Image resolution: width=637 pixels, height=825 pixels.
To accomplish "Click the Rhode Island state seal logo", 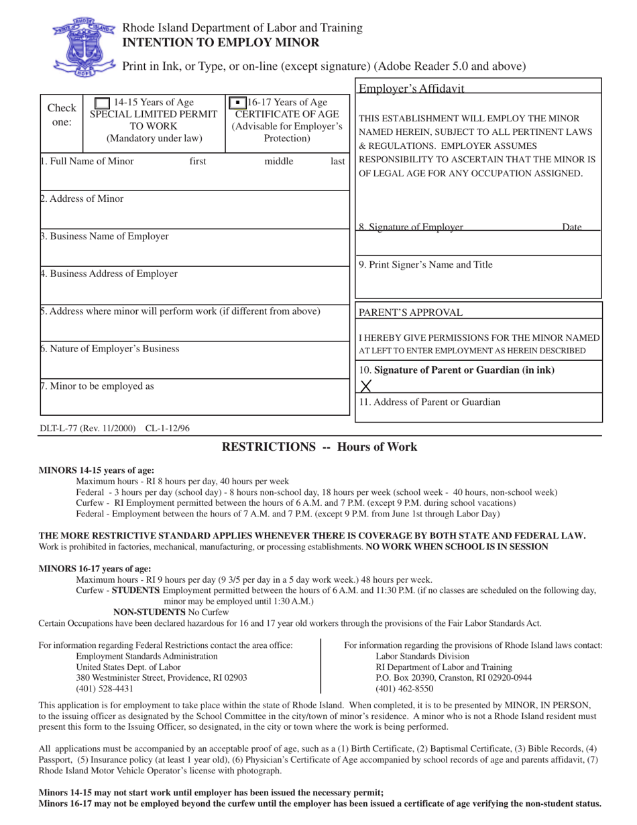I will pos(84,46).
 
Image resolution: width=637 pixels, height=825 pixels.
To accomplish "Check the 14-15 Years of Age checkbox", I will pos(102,103).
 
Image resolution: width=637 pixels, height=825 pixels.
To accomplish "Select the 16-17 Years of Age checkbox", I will pos(237,103).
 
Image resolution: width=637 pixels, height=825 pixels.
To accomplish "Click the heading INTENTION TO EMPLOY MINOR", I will pos(220,43).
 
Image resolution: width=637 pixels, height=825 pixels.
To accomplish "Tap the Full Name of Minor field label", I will pos(87,161).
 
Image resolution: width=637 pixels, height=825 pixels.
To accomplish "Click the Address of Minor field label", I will pos(82,199).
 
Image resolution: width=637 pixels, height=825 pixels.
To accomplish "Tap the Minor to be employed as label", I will pos(97,386).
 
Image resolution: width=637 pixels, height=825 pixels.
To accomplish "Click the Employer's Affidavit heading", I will pos(411,89).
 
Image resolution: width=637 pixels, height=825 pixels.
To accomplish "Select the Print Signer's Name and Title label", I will pos(425,265).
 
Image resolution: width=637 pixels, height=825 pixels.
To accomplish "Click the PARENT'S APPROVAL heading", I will pos(410,313).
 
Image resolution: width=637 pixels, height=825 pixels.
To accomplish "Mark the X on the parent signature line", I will pos(366,386).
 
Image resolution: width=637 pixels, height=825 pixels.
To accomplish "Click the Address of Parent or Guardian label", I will pos(429,402).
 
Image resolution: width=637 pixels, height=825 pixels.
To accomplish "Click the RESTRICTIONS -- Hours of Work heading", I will pos(319,447).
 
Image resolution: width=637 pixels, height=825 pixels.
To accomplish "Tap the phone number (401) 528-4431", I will pos(105,689).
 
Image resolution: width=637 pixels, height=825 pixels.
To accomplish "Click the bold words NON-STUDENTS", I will pos(149,612).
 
